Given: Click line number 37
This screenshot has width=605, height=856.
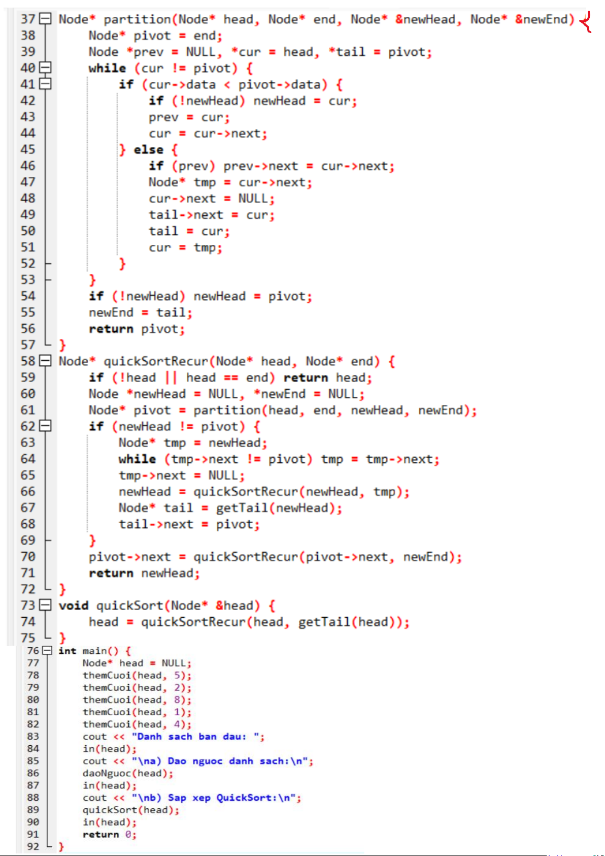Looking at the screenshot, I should [x=28, y=19].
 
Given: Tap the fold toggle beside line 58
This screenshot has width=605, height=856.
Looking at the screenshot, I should [x=45, y=361].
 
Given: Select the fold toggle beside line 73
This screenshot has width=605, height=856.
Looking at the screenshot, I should [x=45, y=605].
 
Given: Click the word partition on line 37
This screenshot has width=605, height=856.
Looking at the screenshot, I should [x=137, y=19].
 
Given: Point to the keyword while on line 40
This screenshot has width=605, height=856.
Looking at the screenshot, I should [x=107, y=68].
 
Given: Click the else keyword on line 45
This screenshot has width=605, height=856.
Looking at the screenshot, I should [x=148, y=150].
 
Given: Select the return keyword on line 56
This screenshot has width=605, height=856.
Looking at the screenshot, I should [x=111, y=329].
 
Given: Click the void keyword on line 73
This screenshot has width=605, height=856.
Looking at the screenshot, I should [x=74, y=606].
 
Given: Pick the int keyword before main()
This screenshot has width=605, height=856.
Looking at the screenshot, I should [x=67, y=651].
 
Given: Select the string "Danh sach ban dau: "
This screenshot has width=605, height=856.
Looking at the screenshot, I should [x=198, y=737].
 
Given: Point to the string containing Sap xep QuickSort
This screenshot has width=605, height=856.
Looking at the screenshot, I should [x=216, y=798].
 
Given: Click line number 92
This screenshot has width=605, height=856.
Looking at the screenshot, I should [x=33, y=846].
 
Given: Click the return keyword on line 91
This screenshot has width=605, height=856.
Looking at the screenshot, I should [x=100, y=834].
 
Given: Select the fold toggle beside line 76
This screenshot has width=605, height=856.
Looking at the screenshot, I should [x=47, y=650].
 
